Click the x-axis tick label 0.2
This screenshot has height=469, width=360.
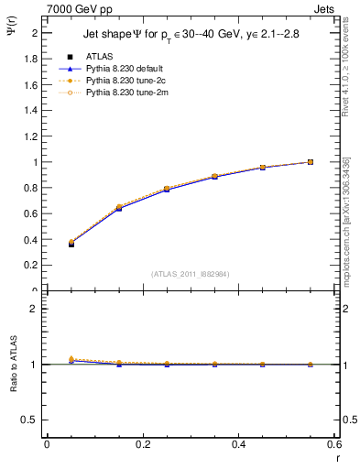tap(143, 444)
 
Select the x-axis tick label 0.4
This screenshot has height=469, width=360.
tap(238, 444)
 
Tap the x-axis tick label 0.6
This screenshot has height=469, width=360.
tap(333, 444)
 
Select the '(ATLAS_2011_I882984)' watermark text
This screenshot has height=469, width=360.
tap(190, 273)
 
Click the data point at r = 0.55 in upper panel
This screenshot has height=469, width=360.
tap(311, 162)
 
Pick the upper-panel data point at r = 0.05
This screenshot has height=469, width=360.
tap(71, 244)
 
